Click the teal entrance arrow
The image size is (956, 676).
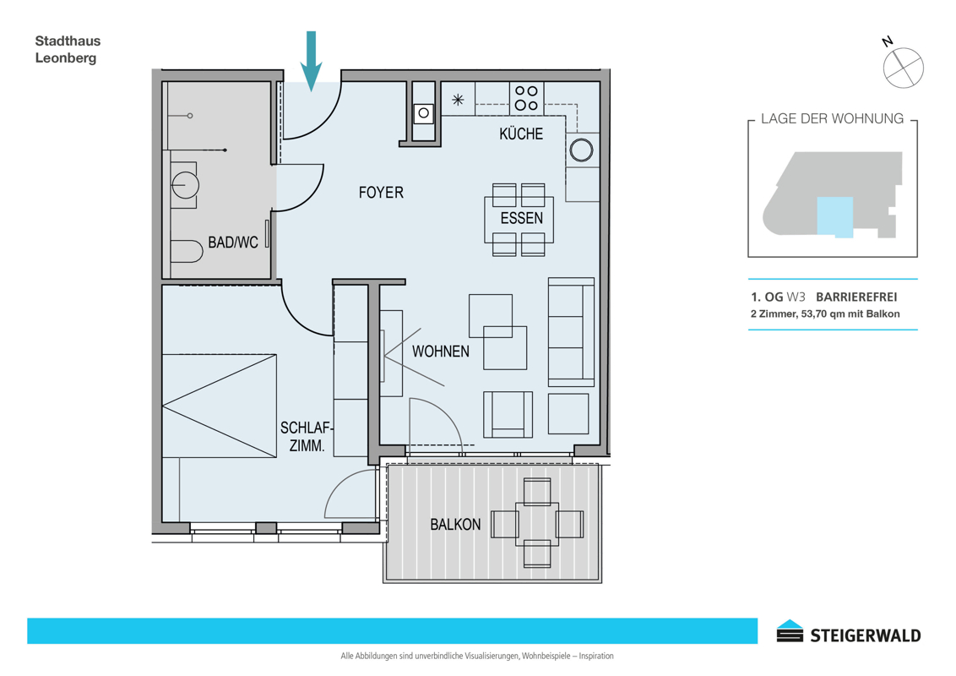coord(311,61)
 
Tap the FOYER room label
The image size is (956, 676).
coord(381,193)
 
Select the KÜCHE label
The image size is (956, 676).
coord(521,134)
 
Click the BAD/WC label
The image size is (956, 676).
coord(233,243)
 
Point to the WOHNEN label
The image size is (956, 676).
coord(441,352)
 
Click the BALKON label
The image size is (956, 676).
coord(455,525)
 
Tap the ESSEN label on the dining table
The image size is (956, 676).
coord(522,218)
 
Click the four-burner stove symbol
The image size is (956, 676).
coord(527,98)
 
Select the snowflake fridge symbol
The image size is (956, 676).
coord(458,100)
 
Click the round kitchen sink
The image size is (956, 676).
coord(581,150)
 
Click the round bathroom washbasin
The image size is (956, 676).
coord(185,185)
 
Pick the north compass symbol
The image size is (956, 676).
coord(902,66)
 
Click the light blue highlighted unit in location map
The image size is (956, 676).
coord(834,216)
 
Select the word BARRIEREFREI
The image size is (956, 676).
coord(856,297)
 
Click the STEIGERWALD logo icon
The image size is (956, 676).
coord(790,631)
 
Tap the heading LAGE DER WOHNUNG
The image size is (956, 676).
coord(832,119)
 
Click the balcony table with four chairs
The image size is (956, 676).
coord(537,523)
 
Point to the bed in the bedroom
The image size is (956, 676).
coord(220,406)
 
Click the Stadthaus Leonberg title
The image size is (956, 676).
coord(68,49)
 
